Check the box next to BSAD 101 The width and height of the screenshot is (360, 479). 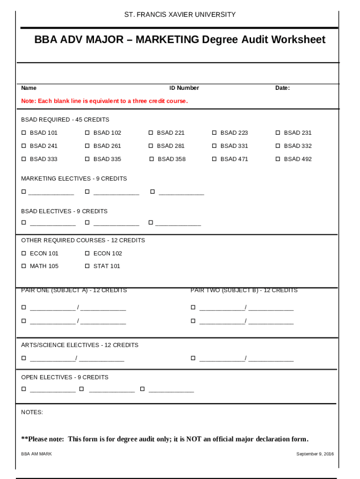click(x=24, y=133)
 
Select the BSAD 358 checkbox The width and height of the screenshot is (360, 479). click(x=151, y=159)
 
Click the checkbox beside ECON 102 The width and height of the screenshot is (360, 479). click(x=87, y=254)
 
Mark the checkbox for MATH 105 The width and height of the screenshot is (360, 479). click(x=24, y=266)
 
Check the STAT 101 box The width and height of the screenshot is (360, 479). click(x=87, y=266)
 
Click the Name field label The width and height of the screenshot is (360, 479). click(x=29, y=88)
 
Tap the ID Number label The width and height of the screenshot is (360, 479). click(x=184, y=88)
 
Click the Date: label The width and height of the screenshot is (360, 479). click(x=282, y=88)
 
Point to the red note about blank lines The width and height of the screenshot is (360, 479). click(x=104, y=101)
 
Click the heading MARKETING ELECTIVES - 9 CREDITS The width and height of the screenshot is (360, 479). click(x=74, y=179)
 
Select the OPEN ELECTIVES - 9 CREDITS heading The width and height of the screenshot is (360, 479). click(x=65, y=377)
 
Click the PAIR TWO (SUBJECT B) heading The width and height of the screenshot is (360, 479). click(x=244, y=290)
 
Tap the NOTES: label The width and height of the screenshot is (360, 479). click(x=32, y=412)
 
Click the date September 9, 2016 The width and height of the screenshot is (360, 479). click(x=315, y=454)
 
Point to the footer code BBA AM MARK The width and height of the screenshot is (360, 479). click(x=36, y=454)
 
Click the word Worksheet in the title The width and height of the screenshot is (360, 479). click(x=295, y=40)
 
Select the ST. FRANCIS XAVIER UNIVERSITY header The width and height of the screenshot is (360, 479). click(x=180, y=15)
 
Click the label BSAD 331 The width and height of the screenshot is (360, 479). click(x=234, y=146)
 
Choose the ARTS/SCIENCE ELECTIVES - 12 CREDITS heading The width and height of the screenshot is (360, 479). click(x=79, y=345)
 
